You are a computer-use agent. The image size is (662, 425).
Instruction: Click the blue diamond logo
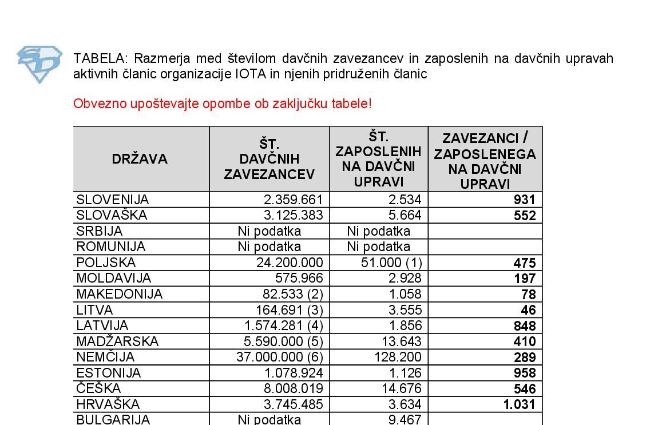coord(39,64)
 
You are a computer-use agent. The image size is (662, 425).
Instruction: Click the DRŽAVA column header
coord(140,159)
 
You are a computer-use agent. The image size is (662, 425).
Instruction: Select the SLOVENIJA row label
coord(113,200)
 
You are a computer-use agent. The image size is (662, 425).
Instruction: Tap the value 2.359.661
coord(294,200)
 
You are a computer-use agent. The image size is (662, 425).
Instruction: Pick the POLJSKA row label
coord(106,263)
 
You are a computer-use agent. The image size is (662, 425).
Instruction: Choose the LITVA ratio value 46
coord(528,310)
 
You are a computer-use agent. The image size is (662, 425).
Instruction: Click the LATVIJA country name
coord(102,325)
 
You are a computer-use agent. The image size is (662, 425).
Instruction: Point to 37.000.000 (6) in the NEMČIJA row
coord(280,357)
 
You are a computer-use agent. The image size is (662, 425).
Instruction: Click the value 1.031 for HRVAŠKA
coord(520,404)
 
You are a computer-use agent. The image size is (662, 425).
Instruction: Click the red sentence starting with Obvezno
coord(223,104)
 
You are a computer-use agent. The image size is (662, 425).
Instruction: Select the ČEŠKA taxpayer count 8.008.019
coord(294,388)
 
